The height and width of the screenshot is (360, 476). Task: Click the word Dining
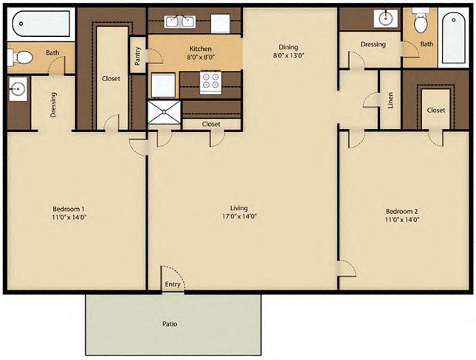click(288, 46)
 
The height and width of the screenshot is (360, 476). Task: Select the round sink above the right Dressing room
click(385, 18)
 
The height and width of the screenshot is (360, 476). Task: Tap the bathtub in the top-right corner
click(452, 37)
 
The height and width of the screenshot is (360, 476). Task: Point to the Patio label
click(170, 324)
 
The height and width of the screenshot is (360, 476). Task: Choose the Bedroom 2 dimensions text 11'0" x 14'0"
click(401, 220)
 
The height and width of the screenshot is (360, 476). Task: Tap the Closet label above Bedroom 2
click(435, 110)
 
